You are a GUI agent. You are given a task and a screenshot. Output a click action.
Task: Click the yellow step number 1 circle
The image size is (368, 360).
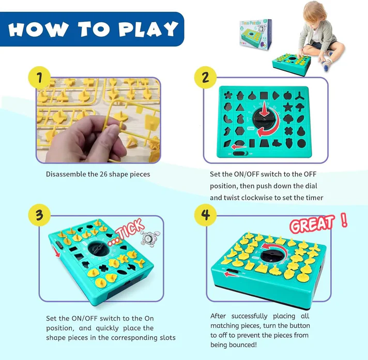pyautogui.click(x=40, y=79)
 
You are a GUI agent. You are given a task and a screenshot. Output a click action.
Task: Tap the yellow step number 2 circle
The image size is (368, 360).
pyautogui.click(x=205, y=79)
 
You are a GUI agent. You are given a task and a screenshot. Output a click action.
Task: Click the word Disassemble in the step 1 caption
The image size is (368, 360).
pyautogui.click(x=67, y=174)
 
